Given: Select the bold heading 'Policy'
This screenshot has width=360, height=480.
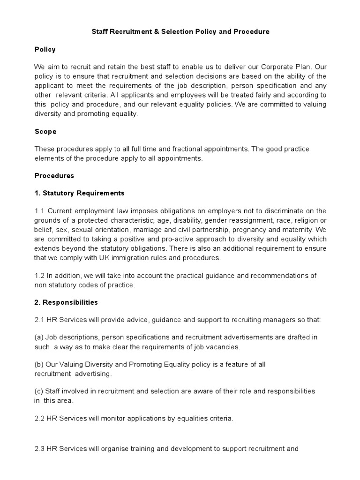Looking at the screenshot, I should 45,49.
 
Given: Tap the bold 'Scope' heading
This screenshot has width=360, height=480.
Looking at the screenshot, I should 45,132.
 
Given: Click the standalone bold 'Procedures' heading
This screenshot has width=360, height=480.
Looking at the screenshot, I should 54,176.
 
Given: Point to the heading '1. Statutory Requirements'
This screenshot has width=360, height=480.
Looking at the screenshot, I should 80,193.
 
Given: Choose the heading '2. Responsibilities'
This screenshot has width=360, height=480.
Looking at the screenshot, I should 66,302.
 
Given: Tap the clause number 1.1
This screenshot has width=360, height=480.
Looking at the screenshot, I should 40,211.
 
